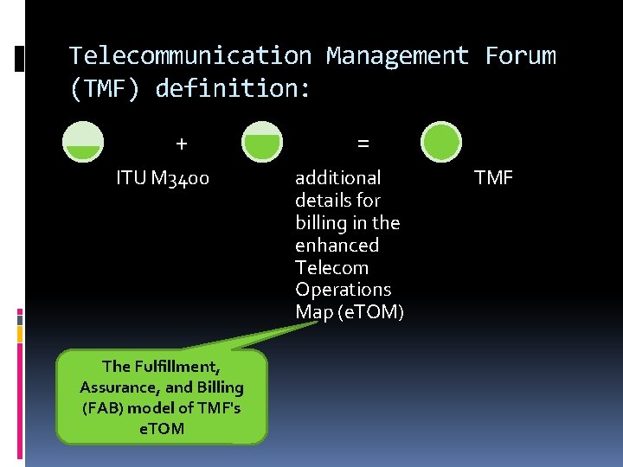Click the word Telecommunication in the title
click(190, 56)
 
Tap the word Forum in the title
click(520, 56)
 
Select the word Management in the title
click(398, 56)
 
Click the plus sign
click(181, 143)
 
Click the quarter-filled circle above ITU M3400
click(84, 142)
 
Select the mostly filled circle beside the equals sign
click(262, 142)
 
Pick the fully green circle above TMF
click(441, 142)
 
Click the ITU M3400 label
click(164, 179)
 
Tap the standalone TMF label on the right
click(494, 178)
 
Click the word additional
click(337, 178)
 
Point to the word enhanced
click(337, 246)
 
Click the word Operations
click(343, 290)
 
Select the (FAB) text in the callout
click(98, 408)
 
